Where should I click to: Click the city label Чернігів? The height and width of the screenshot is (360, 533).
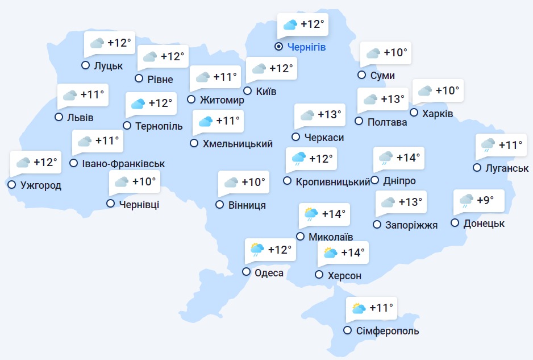pyautogui.click(x=307, y=47)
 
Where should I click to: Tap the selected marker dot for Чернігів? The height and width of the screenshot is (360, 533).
pyautogui.click(x=279, y=47)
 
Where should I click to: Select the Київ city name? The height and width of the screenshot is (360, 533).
pyautogui.click(x=266, y=91)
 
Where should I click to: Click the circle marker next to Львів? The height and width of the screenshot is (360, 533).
pyautogui.click(x=59, y=117)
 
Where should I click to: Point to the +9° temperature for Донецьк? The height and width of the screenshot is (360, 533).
pyautogui.click(x=485, y=200)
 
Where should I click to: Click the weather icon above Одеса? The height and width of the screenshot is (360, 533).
pyautogui.click(x=257, y=249)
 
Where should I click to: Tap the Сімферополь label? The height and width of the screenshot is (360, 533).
pyautogui.click(x=389, y=331)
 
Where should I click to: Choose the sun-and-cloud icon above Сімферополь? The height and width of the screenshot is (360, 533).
pyautogui.click(x=359, y=309)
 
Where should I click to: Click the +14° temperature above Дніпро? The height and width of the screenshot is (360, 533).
pyautogui.click(x=409, y=158)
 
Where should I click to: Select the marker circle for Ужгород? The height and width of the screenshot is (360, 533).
pyautogui.click(x=11, y=185)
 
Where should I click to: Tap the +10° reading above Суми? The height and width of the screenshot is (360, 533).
pyautogui.click(x=395, y=53)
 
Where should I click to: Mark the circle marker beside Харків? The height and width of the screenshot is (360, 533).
pyautogui.click(x=414, y=113)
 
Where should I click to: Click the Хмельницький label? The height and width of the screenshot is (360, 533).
pyautogui.click(x=238, y=144)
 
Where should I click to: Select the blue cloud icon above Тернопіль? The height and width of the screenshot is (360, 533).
pyautogui.click(x=138, y=104)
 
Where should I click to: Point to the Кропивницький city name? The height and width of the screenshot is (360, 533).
pyautogui.click(x=333, y=181)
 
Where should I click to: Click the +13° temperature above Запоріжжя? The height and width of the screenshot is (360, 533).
pyautogui.click(x=411, y=202)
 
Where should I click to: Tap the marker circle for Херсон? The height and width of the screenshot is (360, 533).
pyautogui.click(x=319, y=275)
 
